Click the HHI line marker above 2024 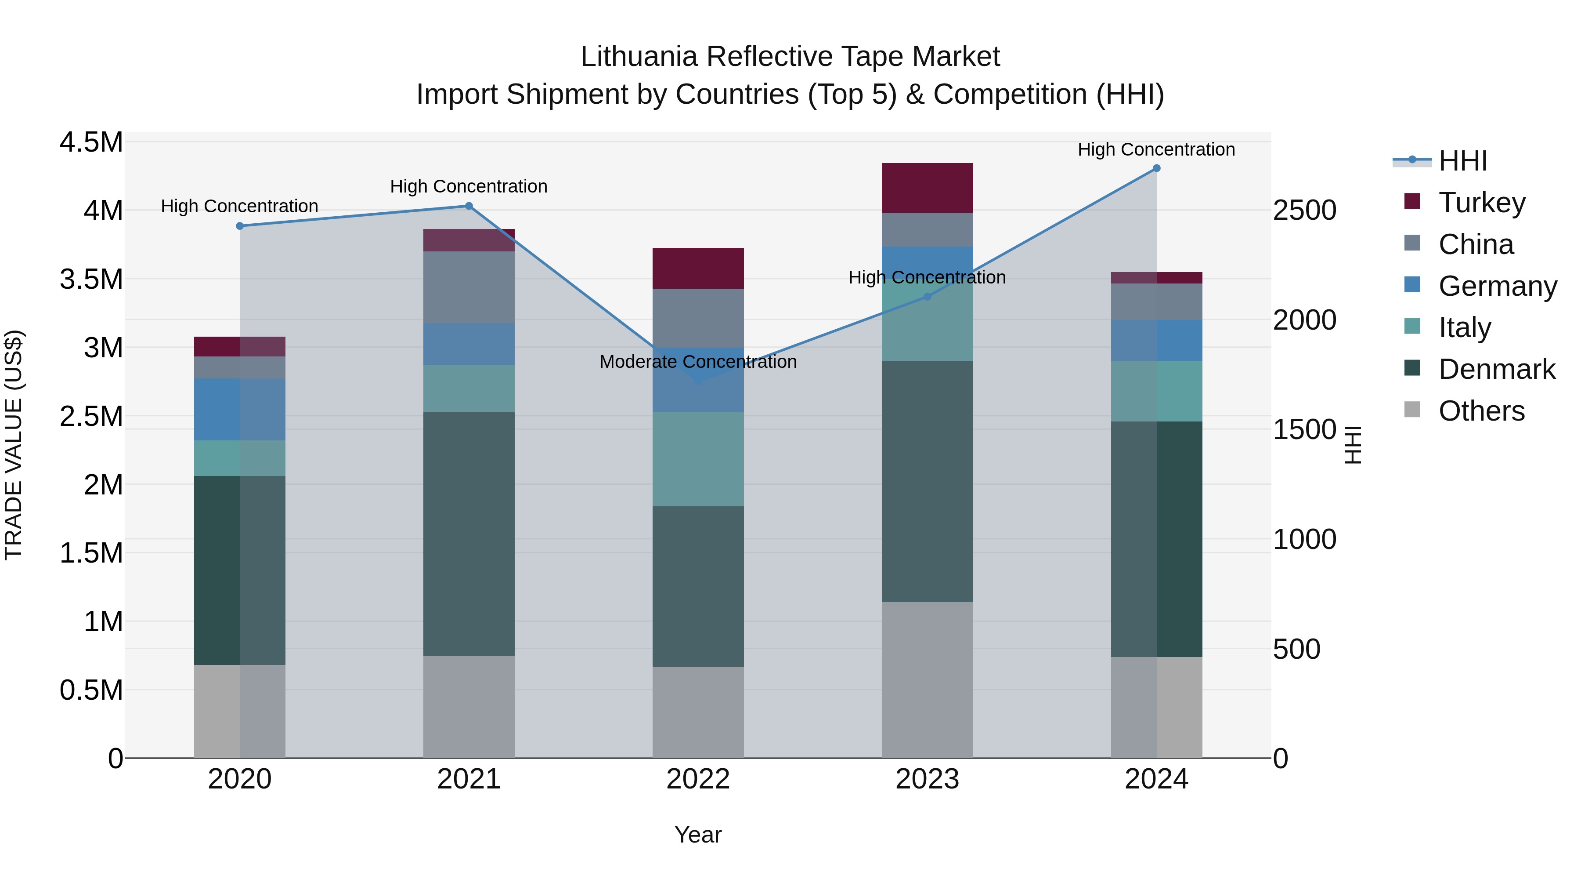coord(1156,168)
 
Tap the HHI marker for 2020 coord(240,226)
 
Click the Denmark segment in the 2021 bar coord(469,533)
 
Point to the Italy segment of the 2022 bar coord(698,459)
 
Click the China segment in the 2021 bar coord(469,287)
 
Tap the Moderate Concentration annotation coord(698,362)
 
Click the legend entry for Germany coord(1497,286)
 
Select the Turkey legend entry coord(1482,203)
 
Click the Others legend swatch coord(1412,410)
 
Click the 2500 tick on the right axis coord(1304,210)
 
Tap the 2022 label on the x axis coord(698,779)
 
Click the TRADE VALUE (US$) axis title coord(14,445)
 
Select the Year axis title coord(698,835)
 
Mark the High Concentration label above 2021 coord(469,186)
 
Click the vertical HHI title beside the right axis coord(1353,445)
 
